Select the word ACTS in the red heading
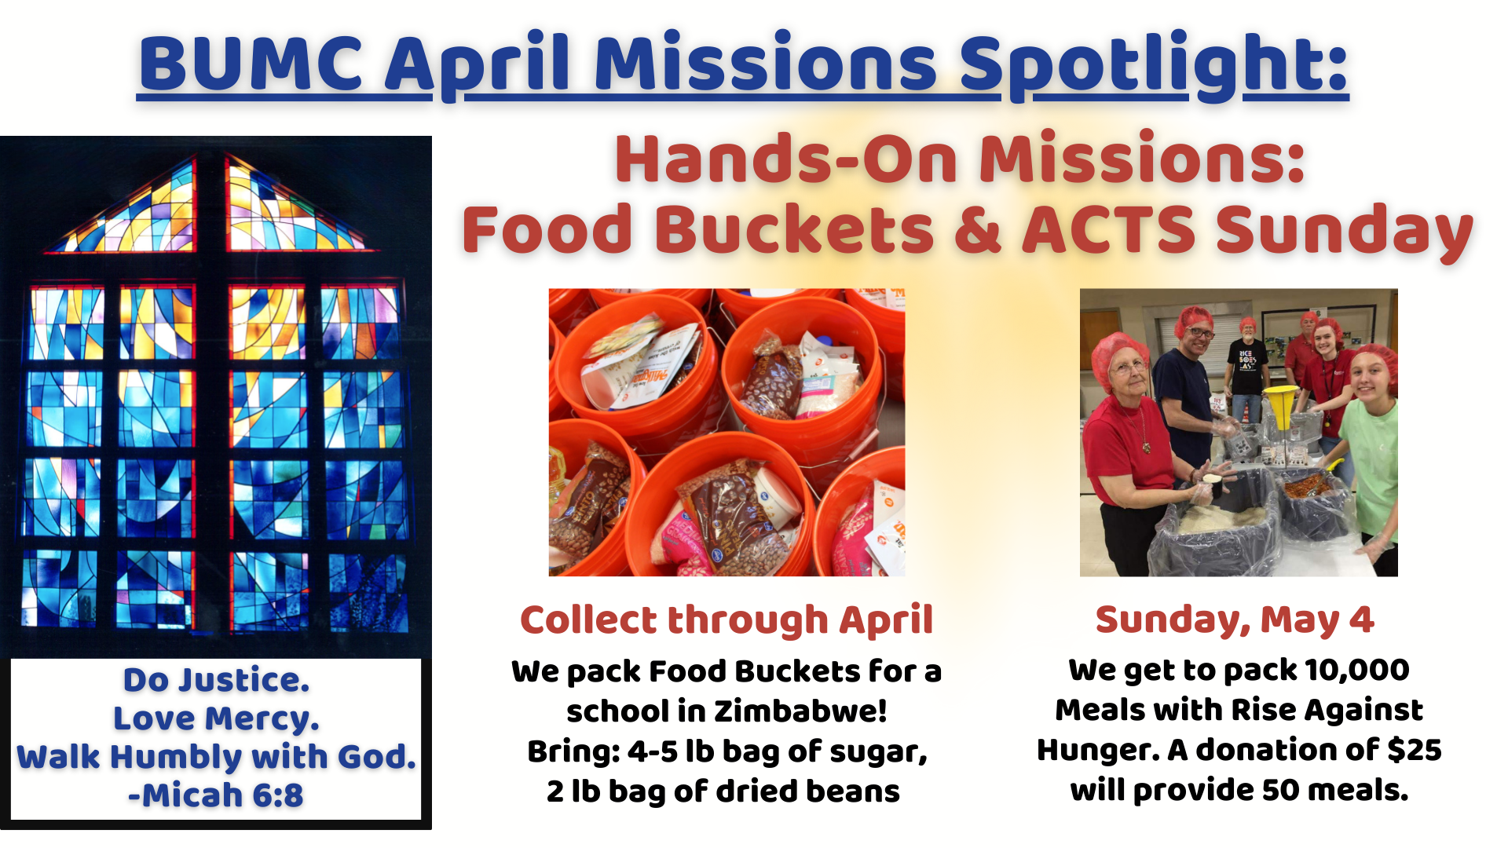tap(1108, 230)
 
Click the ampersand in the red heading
tap(977, 230)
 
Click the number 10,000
tap(1356, 671)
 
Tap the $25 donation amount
tap(1414, 750)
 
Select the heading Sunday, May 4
tap(1235, 620)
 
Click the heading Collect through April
tap(727, 620)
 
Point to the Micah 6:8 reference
tap(216, 795)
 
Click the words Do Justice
tap(216, 680)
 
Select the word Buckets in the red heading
tap(795, 230)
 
